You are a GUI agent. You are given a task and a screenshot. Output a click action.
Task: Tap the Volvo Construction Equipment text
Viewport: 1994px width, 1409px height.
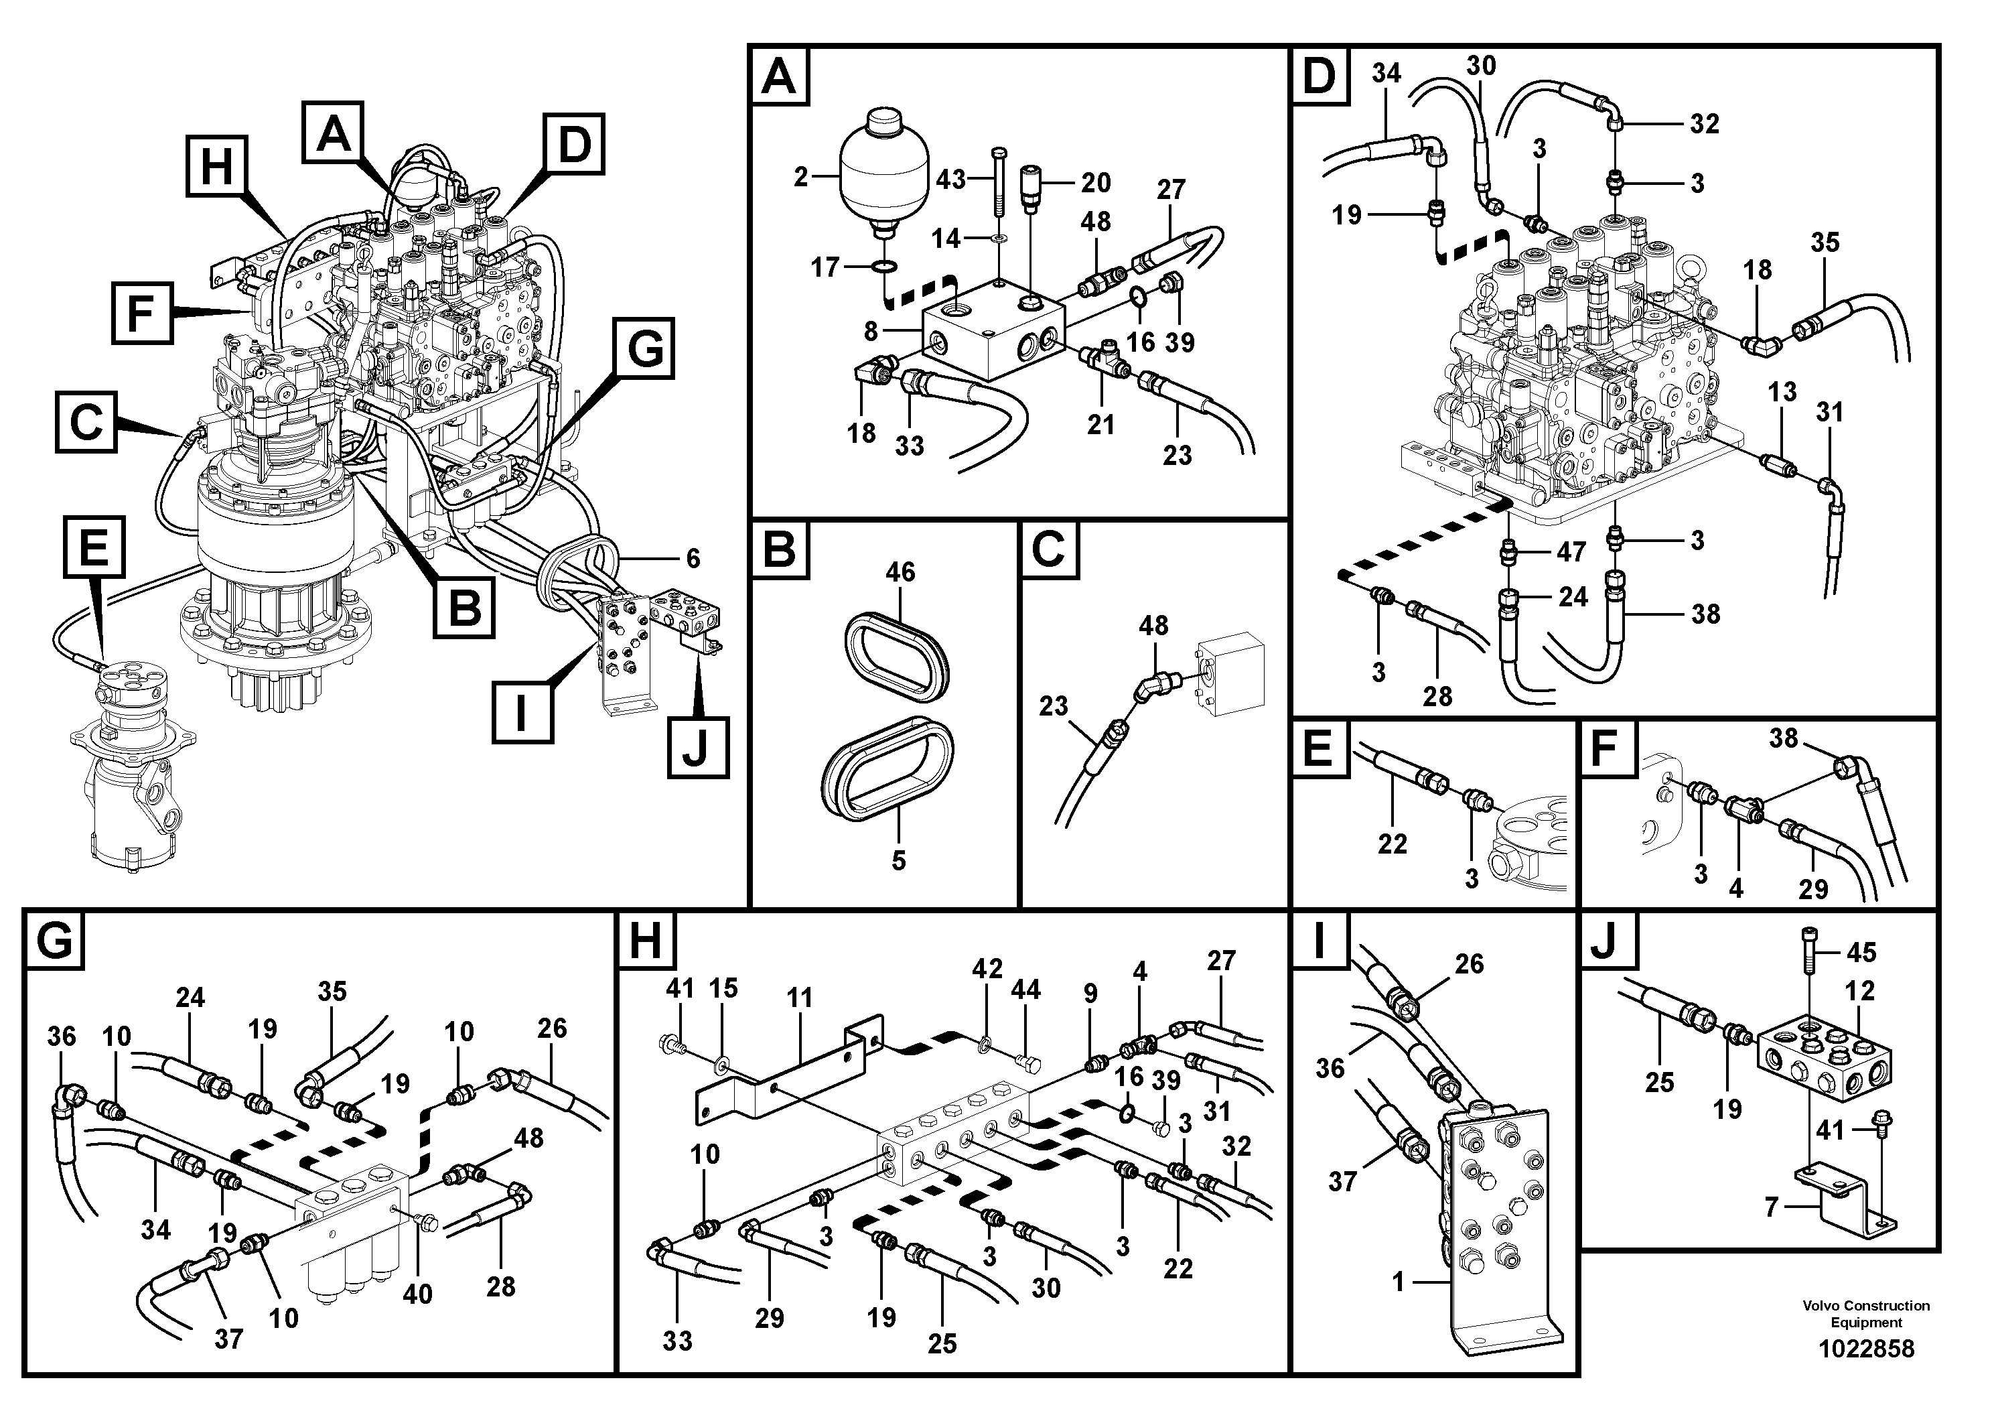(1865, 1313)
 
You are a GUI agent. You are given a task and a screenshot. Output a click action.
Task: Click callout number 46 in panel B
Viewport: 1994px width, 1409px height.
(900, 572)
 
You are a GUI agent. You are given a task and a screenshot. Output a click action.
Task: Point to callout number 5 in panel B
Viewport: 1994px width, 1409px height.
(898, 861)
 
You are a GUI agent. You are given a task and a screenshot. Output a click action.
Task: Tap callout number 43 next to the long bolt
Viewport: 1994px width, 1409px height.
(950, 180)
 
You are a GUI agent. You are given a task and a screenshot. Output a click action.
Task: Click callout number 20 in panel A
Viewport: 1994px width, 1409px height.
(1095, 182)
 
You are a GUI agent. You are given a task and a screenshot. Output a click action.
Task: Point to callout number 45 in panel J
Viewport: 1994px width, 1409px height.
(1860, 953)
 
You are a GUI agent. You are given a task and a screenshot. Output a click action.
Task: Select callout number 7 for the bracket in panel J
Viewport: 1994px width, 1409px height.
(1771, 1207)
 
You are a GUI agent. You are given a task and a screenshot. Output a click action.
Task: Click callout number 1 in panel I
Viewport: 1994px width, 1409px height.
(1397, 1282)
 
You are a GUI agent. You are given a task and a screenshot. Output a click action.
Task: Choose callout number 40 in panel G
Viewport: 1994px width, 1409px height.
(417, 1294)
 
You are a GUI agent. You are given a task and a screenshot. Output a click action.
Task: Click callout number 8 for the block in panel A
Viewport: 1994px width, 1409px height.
(870, 331)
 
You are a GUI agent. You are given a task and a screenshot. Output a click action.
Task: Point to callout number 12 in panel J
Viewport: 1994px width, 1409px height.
(1859, 991)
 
